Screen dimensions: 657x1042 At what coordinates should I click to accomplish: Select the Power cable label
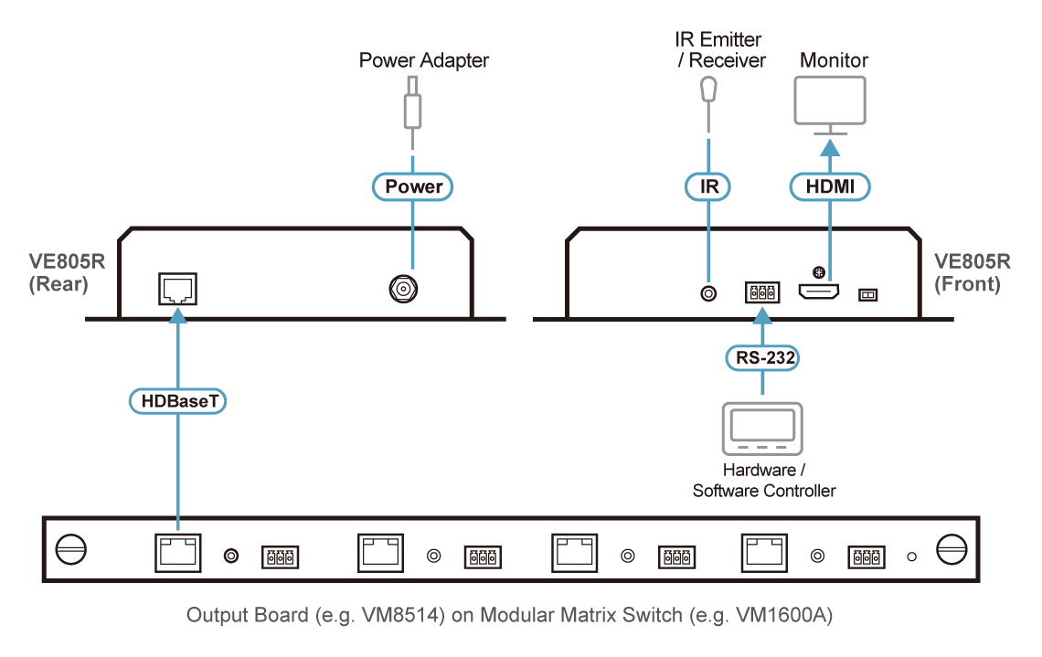click(413, 186)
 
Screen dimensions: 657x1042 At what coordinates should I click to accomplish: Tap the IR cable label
click(707, 186)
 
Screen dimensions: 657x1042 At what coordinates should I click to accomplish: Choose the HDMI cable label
click(829, 186)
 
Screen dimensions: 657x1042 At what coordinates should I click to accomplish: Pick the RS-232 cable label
click(761, 357)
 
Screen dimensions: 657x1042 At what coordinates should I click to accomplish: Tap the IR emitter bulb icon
click(707, 90)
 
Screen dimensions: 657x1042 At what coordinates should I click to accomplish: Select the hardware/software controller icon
click(761, 429)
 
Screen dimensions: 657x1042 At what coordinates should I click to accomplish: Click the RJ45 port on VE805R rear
click(177, 289)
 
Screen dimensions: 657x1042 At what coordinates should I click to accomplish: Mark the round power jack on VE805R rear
click(401, 290)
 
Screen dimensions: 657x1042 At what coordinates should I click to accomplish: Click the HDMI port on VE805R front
click(819, 292)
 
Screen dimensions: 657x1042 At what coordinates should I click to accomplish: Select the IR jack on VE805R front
click(707, 293)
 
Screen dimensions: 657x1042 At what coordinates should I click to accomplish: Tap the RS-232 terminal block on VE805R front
click(761, 292)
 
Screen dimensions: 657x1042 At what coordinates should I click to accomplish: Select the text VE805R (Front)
click(972, 272)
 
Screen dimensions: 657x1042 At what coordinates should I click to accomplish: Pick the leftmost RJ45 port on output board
click(177, 553)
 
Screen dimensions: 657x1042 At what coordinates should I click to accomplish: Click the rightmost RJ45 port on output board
click(762, 553)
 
